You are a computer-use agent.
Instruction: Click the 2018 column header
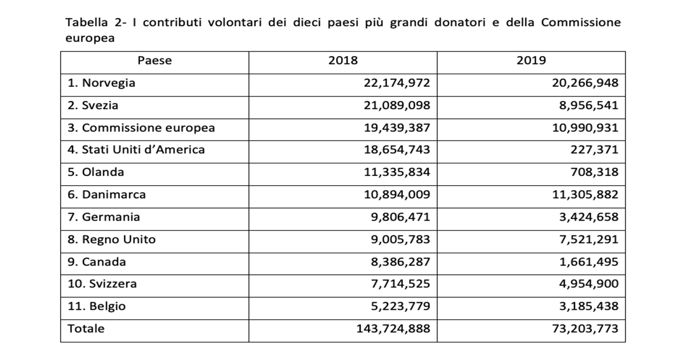tap(343, 61)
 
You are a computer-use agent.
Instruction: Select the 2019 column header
tap(531, 61)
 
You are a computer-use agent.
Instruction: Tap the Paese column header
tap(154, 61)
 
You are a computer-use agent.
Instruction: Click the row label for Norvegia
tap(102, 83)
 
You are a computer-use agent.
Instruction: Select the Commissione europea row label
tap(141, 127)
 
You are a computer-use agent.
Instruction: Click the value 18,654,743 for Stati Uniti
tap(396, 150)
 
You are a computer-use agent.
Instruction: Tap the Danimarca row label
tap(106, 194)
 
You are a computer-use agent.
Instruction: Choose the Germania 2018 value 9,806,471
tap(400, 217)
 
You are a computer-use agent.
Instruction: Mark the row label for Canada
tap(97, 262)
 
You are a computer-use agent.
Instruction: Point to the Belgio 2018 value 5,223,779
tap(400, 306)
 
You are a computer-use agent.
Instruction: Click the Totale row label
tap(86, 329)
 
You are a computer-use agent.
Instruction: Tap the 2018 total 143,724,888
tap(392, 329)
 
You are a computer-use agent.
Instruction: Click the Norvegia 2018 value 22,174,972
tap(396, 83)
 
